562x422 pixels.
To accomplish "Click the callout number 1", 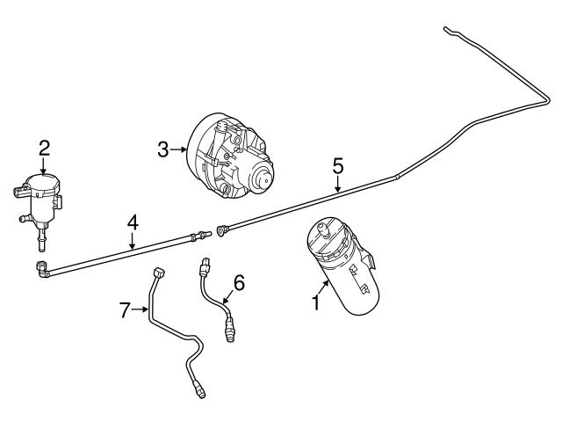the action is click(x=315, y=302).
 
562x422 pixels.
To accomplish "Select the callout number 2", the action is click(x=44, y=149).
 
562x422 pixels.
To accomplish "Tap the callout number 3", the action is click(x=162, y=149).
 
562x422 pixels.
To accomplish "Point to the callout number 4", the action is click(x=133, y=222).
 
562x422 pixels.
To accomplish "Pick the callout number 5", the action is click(x=337, y=166).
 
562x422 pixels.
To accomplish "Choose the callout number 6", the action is click(x=239, y=283).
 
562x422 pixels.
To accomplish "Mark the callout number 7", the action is click(x=125, y=309).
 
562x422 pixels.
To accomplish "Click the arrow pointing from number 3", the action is click(x=178, y=149).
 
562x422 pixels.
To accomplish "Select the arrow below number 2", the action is click(x=43, y=167).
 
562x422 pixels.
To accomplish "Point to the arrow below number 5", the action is click(x=337, y=184).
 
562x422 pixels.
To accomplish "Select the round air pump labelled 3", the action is click(x=230, y=156).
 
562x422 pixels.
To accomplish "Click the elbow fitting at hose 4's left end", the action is click(x=42, y=270).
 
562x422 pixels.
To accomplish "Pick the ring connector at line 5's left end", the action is click(x=220, y=229).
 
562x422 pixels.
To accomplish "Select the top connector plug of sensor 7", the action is click(x=158, y=273).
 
